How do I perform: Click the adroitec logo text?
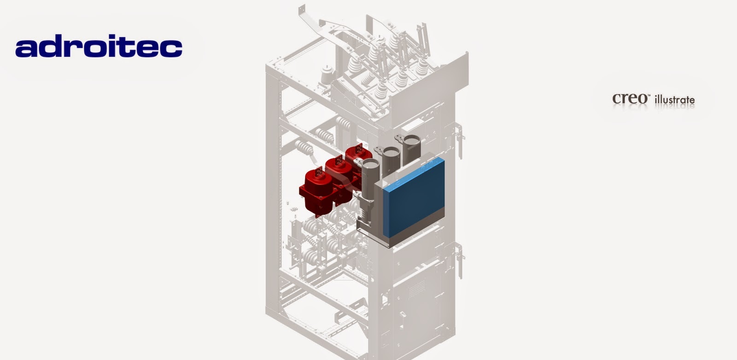pyautogui.click(x=99, y=47)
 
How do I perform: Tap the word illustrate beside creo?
pyautogui.click(x=674, y=99)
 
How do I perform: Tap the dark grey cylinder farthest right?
pyautogui.click(x=411, y=147)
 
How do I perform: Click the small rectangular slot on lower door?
pyautogui.click(x=402, y=315)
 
